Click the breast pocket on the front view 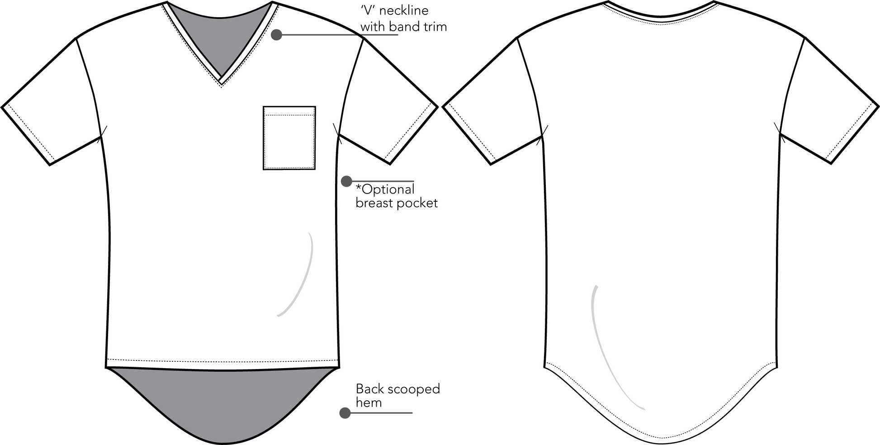tap(289, 138)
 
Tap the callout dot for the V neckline tap(276, 34)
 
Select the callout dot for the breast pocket tap(346, 181)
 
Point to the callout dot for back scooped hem tap(345, 413)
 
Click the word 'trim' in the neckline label tap(433, 27)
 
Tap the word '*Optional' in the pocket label tap(385, 189)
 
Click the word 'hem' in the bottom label tap(369, 402)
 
